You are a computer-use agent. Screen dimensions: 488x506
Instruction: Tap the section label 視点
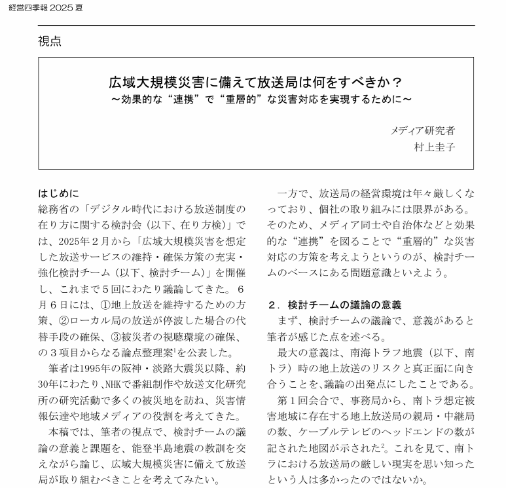(x=50, y=41)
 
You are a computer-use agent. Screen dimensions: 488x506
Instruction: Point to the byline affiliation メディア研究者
(x=422, y=130)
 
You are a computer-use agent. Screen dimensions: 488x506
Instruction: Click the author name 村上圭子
(x=433, y=147)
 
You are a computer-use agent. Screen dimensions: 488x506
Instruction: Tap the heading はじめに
(x=58, y=193)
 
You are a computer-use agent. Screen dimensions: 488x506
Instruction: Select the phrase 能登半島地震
(x=139, y=449)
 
